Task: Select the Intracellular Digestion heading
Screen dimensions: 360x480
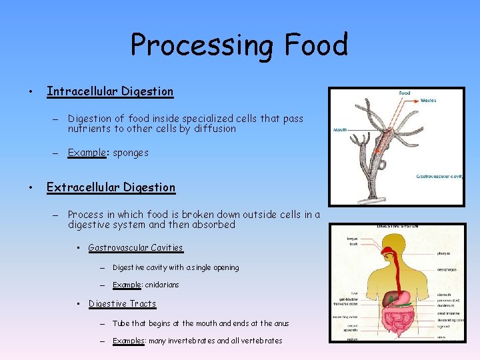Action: pyautogui.click(x=109, y=91)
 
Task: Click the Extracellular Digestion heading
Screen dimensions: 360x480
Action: pyautogui.click(x=111, y=187)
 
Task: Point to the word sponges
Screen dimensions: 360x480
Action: pyautogui.click(x=131, y=153)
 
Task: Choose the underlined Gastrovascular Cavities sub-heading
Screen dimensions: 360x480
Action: pyautogui.click(x=135, y=247)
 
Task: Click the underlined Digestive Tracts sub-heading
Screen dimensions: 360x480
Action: pyautogui.click(x=122, y=303)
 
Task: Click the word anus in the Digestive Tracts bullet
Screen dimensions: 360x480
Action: pyautogui.click(x=281, y=323)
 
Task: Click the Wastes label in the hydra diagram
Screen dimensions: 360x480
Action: pyautogui.click(x=429, y=101)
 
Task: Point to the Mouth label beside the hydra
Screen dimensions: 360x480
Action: pyautogui.click(x=340, y=130)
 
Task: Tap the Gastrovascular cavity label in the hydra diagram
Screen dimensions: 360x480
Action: pyautogui.click(x=439, y=177)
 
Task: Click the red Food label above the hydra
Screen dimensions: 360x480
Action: pyautogui.click(x=405, y=93)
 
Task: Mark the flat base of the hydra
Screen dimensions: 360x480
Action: pyautogui.click(x=373, y=199)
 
